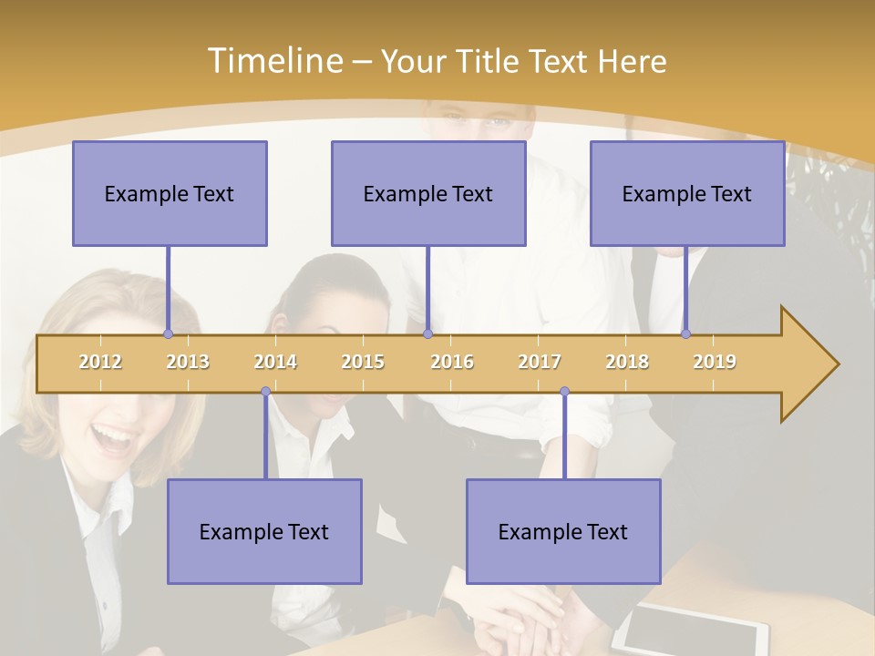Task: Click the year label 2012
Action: (100, 362)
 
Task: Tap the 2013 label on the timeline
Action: (188, 362)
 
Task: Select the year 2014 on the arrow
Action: (275, 362)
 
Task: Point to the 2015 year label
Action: (363, 362)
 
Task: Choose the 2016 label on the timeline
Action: (452, 362)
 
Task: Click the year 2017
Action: (540, 362)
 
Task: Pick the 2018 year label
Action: (627, 362)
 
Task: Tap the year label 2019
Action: (715, 362)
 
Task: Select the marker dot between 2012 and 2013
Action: (168, 333)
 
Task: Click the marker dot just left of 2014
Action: (265, 392)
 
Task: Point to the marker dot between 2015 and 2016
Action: (427, 333)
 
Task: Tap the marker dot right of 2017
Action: (564, 392)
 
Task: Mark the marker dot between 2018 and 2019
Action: (685, 333)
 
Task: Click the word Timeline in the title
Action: (273, 61)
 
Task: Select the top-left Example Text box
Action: (170, 193)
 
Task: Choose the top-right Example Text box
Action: (687, 193)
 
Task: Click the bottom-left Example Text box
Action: (264, 531)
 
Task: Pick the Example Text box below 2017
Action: (563, 531)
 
